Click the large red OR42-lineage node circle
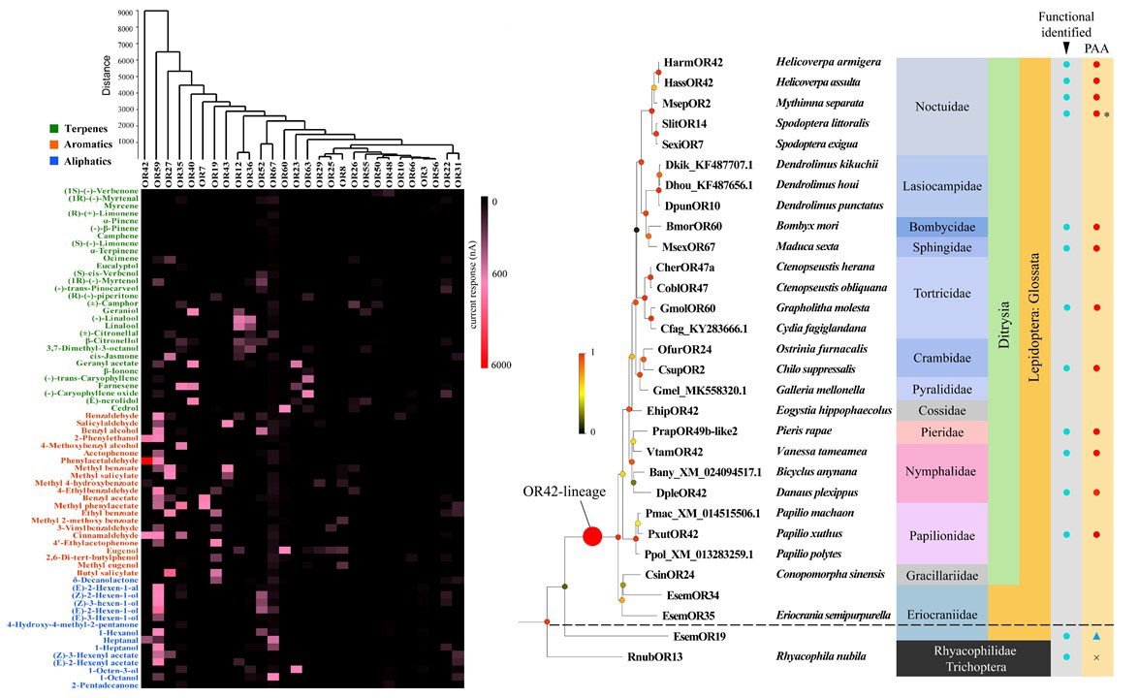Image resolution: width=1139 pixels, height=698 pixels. pyautogui.click(x=592, y=535)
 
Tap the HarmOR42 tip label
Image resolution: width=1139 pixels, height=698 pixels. pyautogui.click(x=694, y=63)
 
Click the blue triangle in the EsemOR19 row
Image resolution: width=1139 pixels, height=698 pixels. pyautogui.click(x=1096, y=637)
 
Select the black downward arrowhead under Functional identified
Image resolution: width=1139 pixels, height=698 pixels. pyautogui.click(x=1066, y=48)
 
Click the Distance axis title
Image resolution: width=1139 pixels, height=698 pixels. pyautogui.click(x=105, y=76)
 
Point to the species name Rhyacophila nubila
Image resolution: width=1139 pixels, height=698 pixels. pyautogui.click(x=823, y=657)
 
